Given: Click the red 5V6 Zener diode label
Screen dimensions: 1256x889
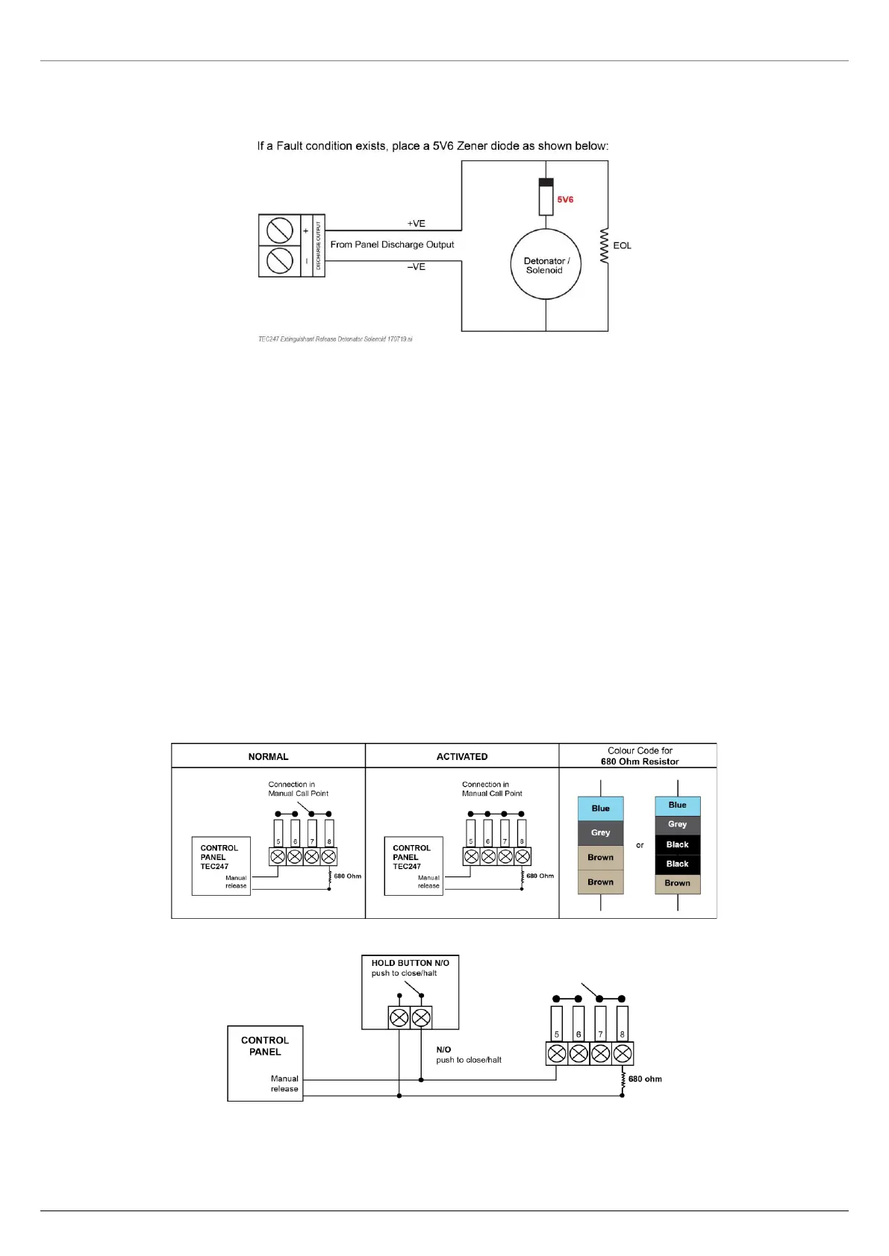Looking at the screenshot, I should tap(565, 200).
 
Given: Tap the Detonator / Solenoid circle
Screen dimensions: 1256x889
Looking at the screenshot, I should tap(546, 265).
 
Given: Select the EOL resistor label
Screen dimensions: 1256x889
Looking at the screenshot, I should tap(622, 245).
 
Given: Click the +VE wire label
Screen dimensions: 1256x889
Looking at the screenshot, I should tap(416, 224).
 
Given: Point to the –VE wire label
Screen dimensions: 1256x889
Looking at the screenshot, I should tap(416, 267).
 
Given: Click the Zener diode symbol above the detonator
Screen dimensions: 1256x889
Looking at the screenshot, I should tap(546, 197).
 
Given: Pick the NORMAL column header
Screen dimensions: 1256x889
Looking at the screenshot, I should tap(268, 756).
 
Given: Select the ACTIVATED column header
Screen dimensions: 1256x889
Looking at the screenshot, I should tap(462, 756).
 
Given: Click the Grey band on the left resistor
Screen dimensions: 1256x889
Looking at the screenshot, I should tap(600, 833).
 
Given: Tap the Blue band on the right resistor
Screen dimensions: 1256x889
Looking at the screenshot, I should tap(677, 806).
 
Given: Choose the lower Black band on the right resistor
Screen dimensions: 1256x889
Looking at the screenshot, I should tap(677, 864).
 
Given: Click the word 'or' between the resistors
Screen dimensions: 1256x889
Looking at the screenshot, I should tap(640, 845).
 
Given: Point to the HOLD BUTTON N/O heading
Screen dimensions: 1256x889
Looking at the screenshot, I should tap(410, 963).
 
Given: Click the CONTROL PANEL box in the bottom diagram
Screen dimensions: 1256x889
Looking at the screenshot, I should tap(265, 1063).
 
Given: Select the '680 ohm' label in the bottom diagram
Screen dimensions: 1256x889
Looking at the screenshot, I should tap(645, 1079).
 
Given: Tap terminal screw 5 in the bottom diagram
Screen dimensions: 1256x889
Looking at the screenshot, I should tap(557, 1053).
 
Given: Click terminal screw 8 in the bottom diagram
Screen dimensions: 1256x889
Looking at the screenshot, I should tap(623, 1053).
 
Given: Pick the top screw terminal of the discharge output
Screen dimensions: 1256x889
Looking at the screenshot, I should tap(279, 230).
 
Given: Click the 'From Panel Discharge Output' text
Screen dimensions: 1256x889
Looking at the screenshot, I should tap(392, 245).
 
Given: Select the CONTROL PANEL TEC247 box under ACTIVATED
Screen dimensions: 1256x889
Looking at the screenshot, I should tap(414, 865).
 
